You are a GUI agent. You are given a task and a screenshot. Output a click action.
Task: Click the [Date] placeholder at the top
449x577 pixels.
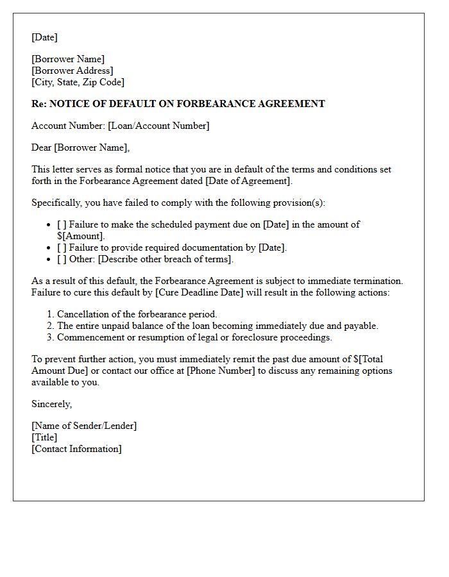(x=44, y=37)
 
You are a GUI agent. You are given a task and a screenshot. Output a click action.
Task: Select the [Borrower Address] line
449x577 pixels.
(x=72, y=71)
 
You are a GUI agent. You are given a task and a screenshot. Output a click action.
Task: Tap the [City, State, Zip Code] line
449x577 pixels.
(x=78, y=82)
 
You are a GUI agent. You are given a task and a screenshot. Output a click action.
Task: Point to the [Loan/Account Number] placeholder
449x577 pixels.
(x=158, y=126)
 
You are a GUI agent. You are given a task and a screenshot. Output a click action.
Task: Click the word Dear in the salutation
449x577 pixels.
(x=42, y=147)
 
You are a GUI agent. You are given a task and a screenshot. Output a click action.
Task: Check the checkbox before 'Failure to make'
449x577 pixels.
(x=62, y=224)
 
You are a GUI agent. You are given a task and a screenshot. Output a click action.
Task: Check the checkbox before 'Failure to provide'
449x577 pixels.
(x=62, y=247)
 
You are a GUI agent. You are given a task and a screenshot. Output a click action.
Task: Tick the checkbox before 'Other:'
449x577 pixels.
(x=62, y=259)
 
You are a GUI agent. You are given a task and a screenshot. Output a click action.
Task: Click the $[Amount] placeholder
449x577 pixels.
(x=81, y=236)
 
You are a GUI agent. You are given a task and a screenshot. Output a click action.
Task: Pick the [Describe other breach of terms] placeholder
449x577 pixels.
(x=165, y=259)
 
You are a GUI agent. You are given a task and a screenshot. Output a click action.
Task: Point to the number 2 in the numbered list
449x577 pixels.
(x=49, y=326)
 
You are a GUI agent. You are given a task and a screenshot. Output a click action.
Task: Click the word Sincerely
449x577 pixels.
(x=51, y=404)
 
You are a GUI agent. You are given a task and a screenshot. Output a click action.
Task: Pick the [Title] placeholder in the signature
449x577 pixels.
(x=44, y=437)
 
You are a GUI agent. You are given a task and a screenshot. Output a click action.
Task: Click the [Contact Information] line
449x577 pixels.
(x=76, y=449)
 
